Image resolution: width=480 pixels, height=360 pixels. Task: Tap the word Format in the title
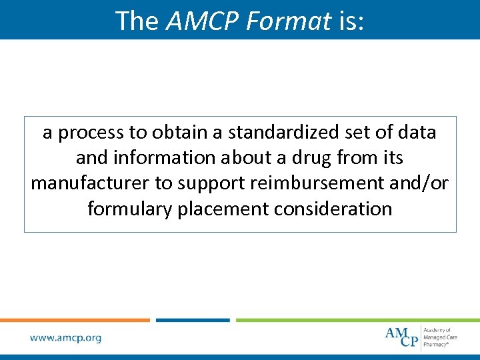tap(288, 21)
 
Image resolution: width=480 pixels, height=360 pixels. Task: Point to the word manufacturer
tap(93, 183)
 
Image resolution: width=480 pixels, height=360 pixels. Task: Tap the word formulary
tap(129, 209)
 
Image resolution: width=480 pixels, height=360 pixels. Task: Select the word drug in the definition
tap(316, 158)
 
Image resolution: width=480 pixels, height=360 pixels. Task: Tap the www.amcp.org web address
tap(65, 338)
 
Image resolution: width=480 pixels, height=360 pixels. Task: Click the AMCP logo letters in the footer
tap(403, 336)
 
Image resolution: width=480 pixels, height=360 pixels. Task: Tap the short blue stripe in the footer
tap(193, 320)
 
